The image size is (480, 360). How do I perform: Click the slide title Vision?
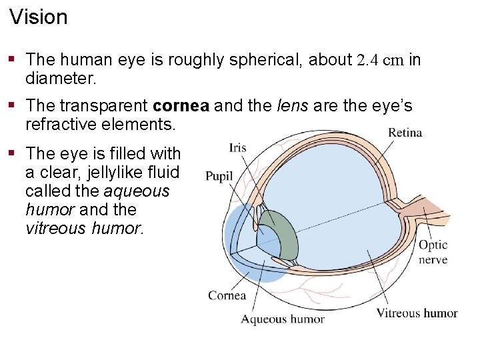(39, 17)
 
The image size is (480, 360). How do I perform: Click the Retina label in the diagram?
(405, 133)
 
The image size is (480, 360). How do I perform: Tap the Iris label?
(237, 147)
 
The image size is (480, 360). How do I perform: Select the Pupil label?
(219, 176)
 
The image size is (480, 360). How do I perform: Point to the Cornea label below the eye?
(227, 295)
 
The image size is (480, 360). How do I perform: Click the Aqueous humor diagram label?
(283, 319)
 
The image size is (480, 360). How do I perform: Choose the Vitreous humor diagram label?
(417, 313)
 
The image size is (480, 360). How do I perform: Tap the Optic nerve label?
(433, 253)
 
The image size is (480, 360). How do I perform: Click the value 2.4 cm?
(380, 61)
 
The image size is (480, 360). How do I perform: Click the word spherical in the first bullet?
(262, 61)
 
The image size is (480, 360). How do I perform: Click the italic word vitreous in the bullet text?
(55, 228)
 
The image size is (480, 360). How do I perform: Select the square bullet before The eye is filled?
(12, 153)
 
